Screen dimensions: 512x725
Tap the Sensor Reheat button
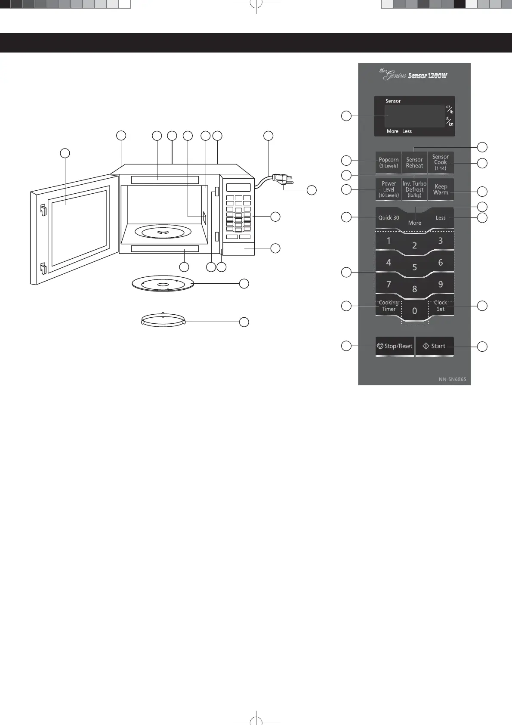click(414, 163)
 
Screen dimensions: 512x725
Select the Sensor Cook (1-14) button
click(441, 163)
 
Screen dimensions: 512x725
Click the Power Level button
click(389, 189)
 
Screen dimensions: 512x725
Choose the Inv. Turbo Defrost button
click(414, 189)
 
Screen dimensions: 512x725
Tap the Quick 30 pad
click(389, 218)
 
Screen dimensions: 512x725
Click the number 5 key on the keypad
click(414, 267)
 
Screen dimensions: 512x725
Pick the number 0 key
click(414, 311)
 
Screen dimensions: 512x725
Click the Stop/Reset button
click(395, 346)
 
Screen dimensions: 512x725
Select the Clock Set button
click(441, 306)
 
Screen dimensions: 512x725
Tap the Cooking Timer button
click(389, 306)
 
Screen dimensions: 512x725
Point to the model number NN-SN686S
click(452, 380)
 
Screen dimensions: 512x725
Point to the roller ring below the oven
click(163, 321)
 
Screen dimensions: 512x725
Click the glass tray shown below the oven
click(163, 284)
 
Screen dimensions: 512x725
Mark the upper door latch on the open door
click(43, 211)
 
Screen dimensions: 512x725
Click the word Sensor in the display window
click(393, 101)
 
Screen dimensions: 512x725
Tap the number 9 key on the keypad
click(441, 284)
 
